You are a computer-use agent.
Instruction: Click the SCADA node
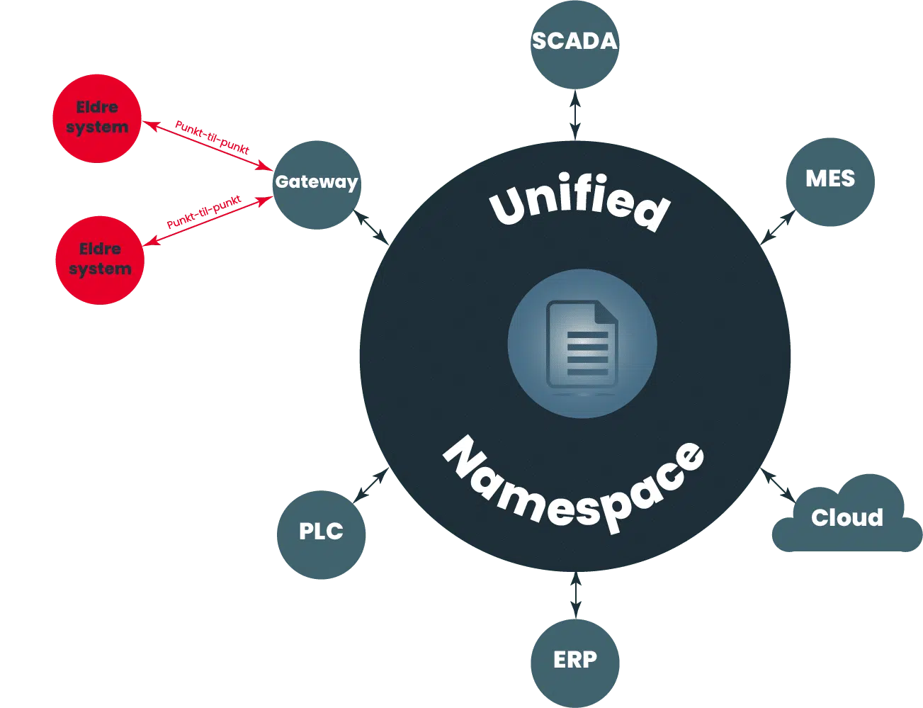click(x=574, y=44)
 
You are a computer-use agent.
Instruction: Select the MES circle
click(x=830, y=181)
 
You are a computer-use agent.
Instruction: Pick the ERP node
click(x=575, y=662)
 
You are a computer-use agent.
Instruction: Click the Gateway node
click(x=317, y=184)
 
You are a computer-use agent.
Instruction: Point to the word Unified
click(x=579, y=202)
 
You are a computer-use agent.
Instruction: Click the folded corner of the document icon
click(x=604, y=312)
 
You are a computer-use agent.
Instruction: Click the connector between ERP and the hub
click(x=575, y=595)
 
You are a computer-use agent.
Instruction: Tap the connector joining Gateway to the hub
click(x=372, y=226)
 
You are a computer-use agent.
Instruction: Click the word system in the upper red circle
click(x=97, y=128)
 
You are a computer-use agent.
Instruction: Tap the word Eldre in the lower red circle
click(x=100, y=249)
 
